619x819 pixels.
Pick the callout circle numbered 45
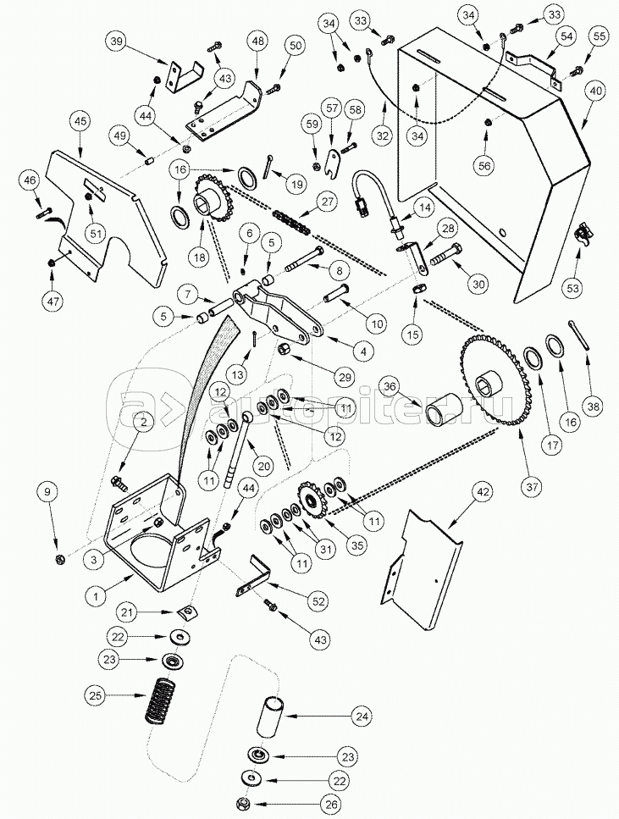coord(81,122)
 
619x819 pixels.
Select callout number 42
coord(482,491)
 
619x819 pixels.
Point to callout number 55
coord(600,36)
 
